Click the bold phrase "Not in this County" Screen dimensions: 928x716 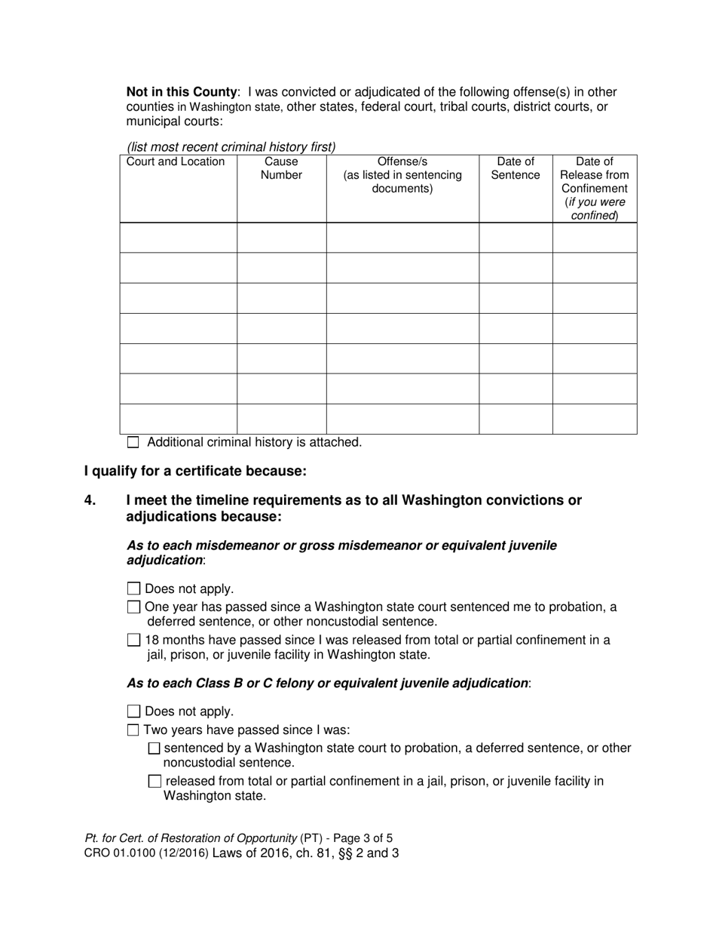182,92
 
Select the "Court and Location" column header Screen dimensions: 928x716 176,162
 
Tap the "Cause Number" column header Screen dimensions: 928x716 281,168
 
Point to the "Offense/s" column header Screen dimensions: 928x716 402,175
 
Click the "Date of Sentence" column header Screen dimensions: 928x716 516,168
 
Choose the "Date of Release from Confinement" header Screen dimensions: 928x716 594,189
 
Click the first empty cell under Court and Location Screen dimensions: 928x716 179,238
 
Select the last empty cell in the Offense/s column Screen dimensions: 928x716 402,419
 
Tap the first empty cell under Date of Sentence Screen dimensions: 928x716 516,238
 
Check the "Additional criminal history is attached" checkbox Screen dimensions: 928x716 133,443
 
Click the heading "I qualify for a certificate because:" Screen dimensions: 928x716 195,472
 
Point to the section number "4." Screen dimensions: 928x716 90,500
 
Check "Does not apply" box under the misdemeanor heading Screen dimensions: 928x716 134,588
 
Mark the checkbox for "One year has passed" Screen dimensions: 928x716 134,607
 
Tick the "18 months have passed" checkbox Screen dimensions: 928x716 134,640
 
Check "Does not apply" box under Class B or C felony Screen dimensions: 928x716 134,711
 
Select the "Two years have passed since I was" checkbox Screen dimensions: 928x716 133,730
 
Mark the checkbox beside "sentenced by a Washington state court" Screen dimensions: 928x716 155,748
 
